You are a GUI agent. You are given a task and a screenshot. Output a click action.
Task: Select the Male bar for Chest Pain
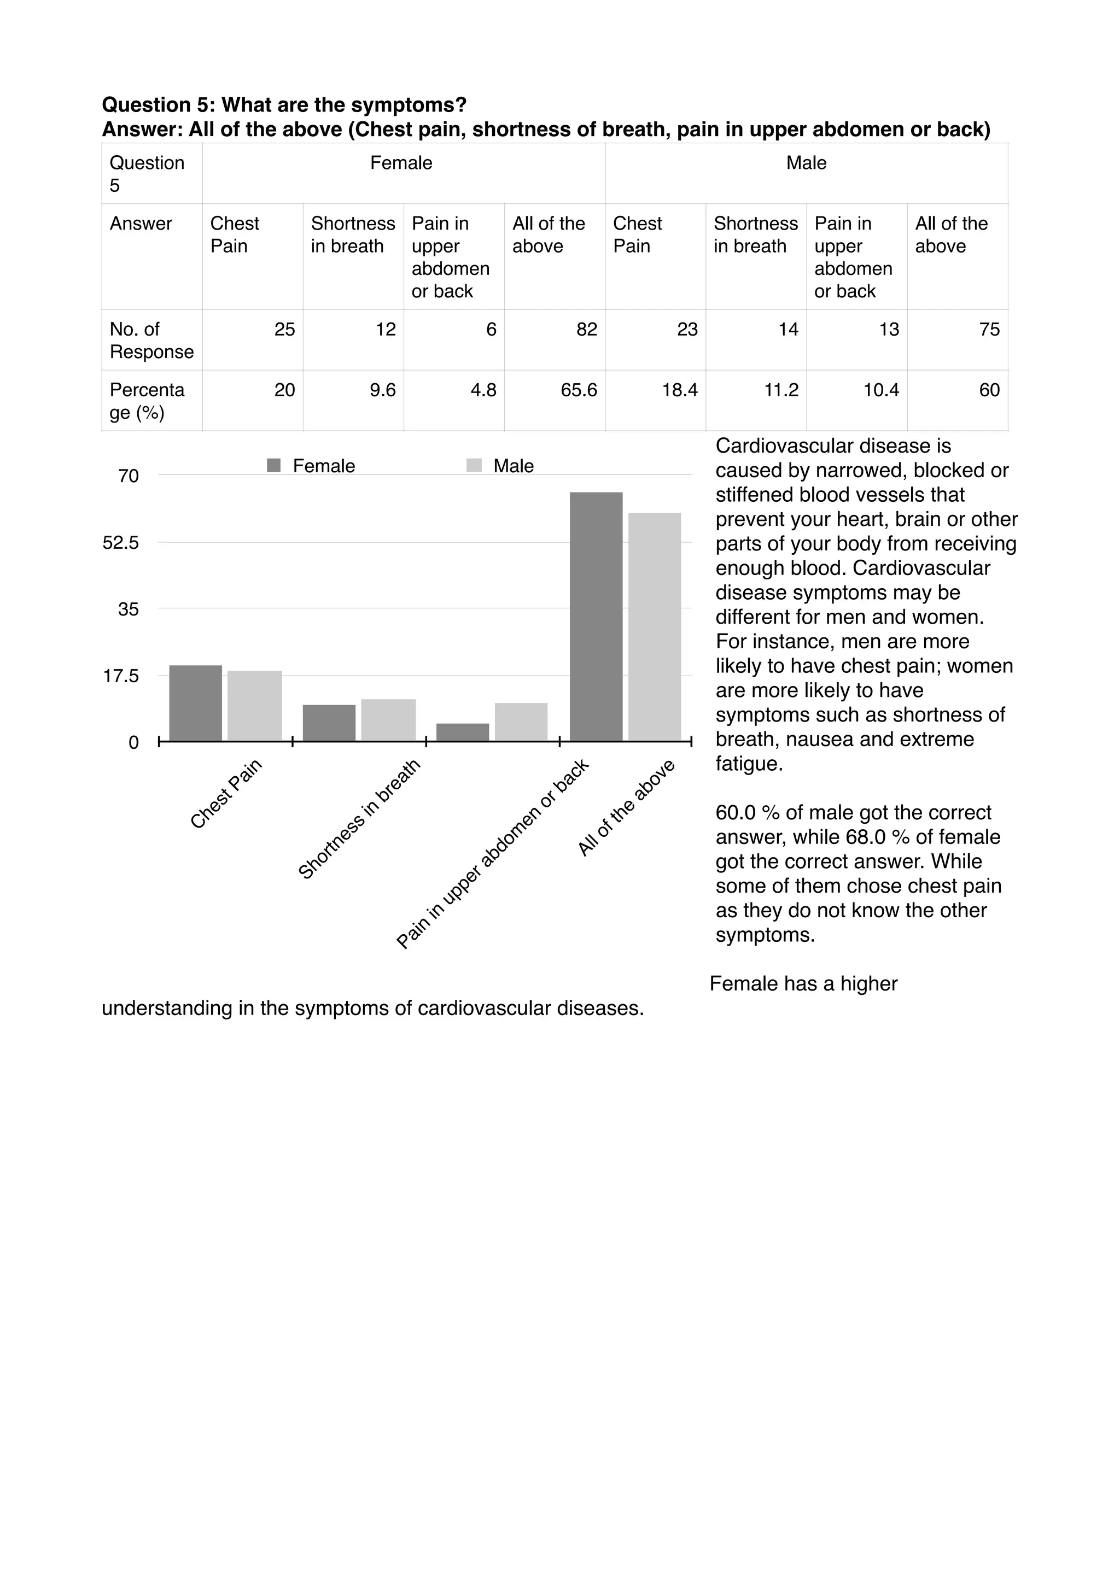point(254,706)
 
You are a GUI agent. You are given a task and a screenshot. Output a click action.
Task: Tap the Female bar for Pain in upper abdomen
point(463,732)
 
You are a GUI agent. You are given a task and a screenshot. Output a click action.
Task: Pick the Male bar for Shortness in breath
point(388,720)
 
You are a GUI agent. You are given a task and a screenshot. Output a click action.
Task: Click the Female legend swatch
point(274,465)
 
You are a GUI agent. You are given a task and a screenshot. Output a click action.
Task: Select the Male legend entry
point(513,466)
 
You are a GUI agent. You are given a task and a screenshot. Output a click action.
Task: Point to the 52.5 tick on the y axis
point(121,543)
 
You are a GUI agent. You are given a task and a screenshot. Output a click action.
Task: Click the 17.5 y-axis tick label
point(121,676)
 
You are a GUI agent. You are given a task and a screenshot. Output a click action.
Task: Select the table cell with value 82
point(586,330)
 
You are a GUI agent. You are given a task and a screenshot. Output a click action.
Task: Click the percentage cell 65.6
point(578,390)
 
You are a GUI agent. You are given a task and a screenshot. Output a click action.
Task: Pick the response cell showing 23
point(687,330)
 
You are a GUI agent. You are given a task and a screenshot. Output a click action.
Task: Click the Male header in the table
point(806,163)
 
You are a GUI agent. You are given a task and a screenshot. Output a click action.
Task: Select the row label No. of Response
point(151,341)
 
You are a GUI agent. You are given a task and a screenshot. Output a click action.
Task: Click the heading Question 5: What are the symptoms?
point(284,105)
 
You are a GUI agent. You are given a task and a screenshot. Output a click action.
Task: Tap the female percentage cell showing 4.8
point(483,390)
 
